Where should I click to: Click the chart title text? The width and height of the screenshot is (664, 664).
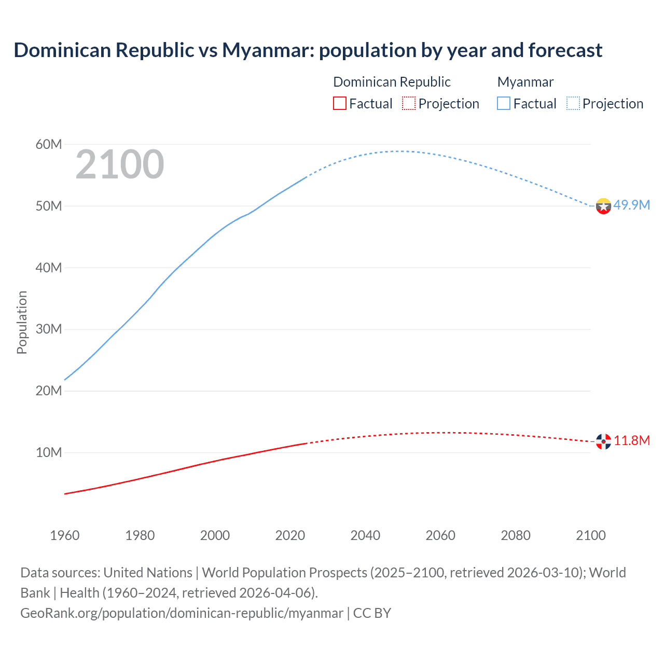coord(308,50)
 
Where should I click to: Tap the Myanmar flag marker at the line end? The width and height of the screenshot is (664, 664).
coord(603,206)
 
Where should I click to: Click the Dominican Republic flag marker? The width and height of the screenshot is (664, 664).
coord(603,441)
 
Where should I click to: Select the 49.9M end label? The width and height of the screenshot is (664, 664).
coord(631,205)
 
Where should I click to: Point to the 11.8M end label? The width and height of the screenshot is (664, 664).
coord(632,440)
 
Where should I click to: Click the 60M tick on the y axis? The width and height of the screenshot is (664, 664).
coord(49,144)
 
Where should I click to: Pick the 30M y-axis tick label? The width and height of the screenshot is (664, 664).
coord(49,329)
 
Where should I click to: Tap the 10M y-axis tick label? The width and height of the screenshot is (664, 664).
coord(49,452)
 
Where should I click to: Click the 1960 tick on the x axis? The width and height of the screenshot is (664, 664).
coord(65,535)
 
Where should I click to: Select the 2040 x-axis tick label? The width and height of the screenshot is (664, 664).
coord(365,535)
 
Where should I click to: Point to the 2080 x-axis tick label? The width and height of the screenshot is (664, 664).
coord(516,535)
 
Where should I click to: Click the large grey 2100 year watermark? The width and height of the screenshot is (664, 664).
coord(120,165)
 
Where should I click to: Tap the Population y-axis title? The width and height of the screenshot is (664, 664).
coord(22,322)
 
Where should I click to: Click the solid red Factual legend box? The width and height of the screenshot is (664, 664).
coord(340,103)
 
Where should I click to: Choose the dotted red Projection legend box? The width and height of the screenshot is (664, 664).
coord(409,103)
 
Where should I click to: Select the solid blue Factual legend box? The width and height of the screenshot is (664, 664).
coord(504,103)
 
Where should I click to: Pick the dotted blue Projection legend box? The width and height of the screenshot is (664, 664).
coord(573,103)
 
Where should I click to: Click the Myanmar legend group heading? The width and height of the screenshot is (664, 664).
coord(525,82)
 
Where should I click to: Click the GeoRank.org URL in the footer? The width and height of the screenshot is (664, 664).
coord(182,613)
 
